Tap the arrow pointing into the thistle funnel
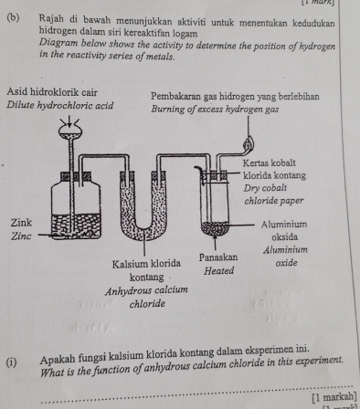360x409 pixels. click(70, 121)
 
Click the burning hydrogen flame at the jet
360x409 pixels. click(248, 142)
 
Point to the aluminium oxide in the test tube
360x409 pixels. click(215, 228)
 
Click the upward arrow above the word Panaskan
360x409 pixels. click(215, 242)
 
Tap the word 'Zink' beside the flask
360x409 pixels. click(21, 223)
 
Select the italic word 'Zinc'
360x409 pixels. click(21, 236)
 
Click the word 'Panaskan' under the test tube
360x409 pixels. click(218, 257)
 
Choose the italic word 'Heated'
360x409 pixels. click(219, 270)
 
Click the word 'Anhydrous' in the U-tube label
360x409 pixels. click(128, 291)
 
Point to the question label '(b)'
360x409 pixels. click(13, 18)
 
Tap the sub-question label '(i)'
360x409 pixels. click(12, 362)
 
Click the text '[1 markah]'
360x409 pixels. click(334, 397)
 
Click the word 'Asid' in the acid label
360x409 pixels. click(16, 91)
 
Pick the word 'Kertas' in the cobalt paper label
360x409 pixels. click(254, 163)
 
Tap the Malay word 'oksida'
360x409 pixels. click(284, 236)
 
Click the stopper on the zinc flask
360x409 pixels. click(76, 176)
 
